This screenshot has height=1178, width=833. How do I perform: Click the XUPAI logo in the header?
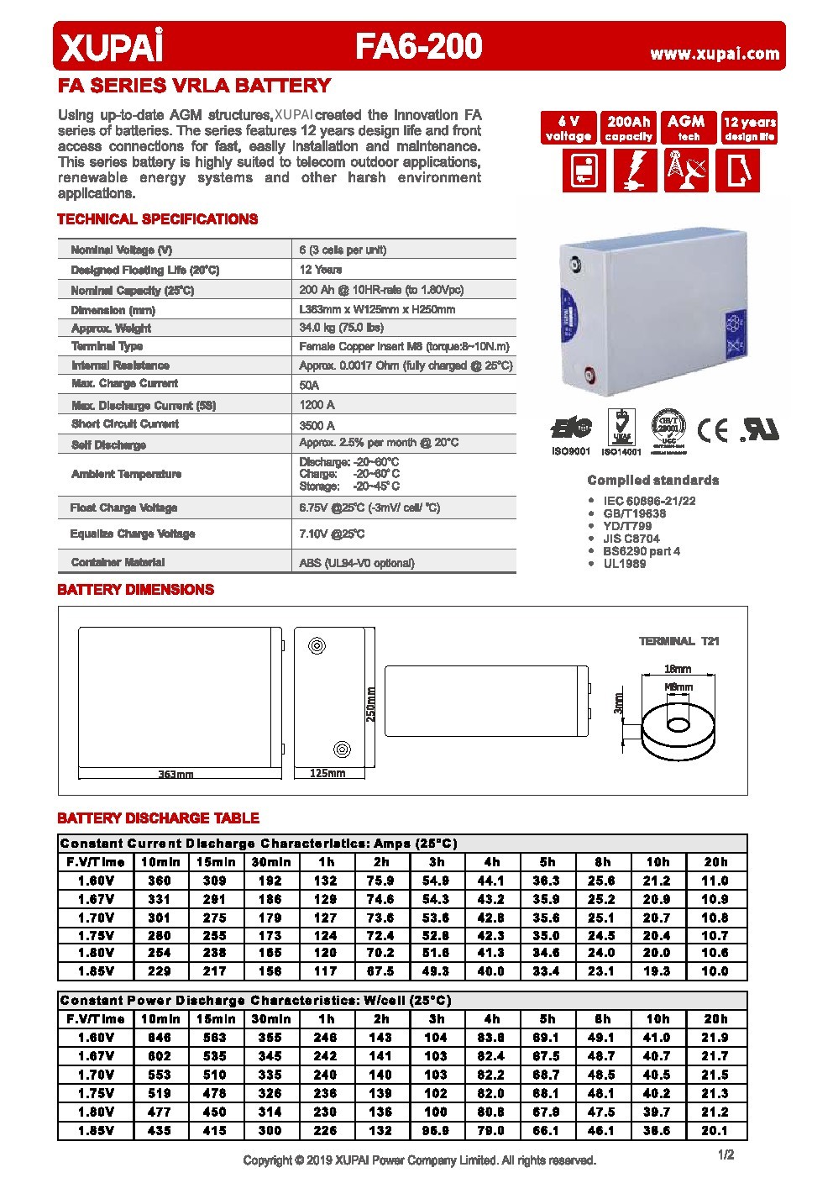tap(110, 47)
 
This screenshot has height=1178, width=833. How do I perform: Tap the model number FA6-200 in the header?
tap(418, 47)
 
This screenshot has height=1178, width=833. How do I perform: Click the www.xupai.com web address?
tap(715, 54)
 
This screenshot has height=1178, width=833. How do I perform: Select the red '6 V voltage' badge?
tap(568, 128)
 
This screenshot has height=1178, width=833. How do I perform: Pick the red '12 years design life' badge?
tap(750, 128)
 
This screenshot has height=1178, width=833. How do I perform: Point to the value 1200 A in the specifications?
tap(317, 405)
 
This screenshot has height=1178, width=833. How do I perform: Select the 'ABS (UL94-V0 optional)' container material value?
tap(357, 563)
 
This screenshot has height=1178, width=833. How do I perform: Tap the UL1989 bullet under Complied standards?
tap(624, 564)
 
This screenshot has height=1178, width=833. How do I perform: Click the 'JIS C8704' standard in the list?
tap(631, 539)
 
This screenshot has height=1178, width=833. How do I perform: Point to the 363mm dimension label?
tap(176, 774)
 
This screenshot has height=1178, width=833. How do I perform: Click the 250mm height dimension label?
tap(370, 703)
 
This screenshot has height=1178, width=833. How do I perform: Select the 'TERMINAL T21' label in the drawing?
tap(679, 641)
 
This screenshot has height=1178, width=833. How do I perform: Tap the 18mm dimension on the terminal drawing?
tap(678, 669)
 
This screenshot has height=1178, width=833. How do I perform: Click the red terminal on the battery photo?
tap(589, 371)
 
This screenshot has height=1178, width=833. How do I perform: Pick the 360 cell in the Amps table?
tap(159, 881)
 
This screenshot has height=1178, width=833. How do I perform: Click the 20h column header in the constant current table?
tap(715, 862)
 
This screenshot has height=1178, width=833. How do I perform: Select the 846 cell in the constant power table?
tap(159, 1038)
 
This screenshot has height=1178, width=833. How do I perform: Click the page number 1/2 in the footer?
tap(726, 1154)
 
